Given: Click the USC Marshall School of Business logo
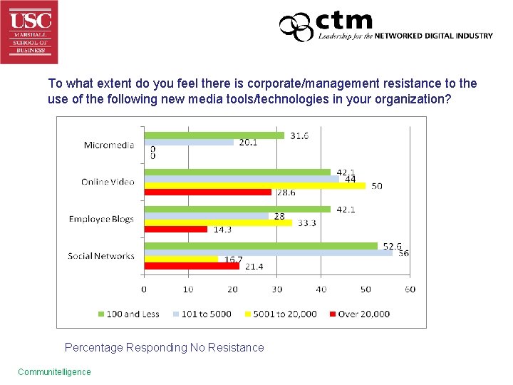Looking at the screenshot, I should (x=29, y=31).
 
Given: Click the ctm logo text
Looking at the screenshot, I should (x=344, y=21).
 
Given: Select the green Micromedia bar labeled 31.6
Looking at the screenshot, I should (x=214, y=135).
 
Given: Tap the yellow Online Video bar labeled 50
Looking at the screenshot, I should (x=254, y=185).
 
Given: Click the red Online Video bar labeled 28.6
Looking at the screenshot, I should (x=207, y=192).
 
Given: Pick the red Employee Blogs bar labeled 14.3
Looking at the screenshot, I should (x=175, y=229).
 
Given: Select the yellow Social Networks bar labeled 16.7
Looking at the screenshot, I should (x=181, y=259).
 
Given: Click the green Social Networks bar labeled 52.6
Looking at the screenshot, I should (x=260, y=246).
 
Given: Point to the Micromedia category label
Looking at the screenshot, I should (x=108, y=145).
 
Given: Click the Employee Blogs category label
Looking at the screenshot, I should (x=101, y=219).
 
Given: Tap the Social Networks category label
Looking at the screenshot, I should (x=100, y=256).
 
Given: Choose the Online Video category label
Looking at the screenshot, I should (x=107, y=182).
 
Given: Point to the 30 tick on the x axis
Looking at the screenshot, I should (x=277, y=289).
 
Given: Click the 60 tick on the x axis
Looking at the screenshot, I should (x=410, y=289).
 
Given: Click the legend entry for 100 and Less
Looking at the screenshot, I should (x=130, y=314).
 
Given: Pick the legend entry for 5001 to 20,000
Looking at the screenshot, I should (x=281, y=314).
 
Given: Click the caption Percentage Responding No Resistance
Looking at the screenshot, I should (x=164, y=348).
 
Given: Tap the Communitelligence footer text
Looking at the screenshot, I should (x=54, y=371).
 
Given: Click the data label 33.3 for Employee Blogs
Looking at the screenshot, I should (x=307, y=222).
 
